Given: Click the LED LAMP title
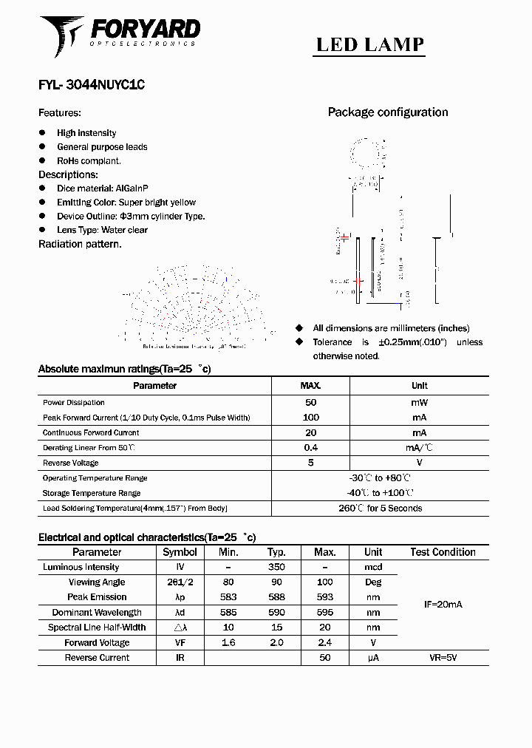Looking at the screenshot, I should point(370,44).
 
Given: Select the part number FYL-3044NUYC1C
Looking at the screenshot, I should point(91,85).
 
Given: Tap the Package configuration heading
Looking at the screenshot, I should point(387,112).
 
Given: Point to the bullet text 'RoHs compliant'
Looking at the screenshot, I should point(89,160).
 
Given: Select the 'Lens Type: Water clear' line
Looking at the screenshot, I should point(102,230).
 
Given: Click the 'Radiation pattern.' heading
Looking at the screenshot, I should point(80,244).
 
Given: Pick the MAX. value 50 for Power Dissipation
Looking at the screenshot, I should point(310,403).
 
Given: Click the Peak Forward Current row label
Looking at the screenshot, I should point(146,418).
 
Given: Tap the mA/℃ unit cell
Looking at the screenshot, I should point(419,448).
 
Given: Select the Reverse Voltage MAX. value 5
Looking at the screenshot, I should point(310,463).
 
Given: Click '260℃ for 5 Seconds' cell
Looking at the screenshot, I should point(380,509).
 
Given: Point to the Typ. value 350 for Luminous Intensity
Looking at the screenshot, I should point(276,567).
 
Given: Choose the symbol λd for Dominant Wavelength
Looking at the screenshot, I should point(180,612).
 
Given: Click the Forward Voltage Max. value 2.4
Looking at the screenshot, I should point(324,642).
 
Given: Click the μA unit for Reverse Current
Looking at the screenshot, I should point(372,657).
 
